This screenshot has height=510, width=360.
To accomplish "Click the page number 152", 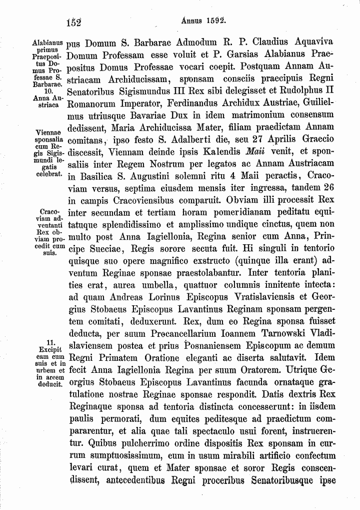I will [x=74, y=22].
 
